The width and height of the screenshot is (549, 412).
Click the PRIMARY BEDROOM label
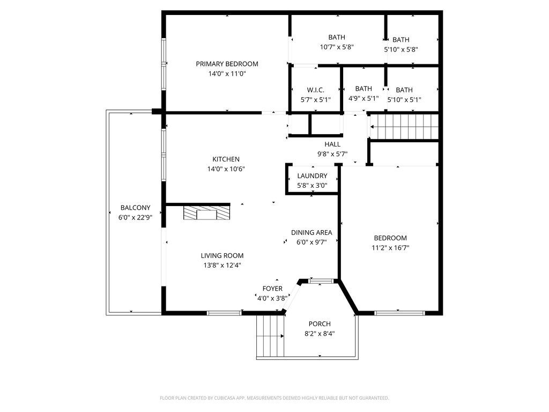[227, 64]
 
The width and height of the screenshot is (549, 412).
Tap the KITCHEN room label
[226, 159]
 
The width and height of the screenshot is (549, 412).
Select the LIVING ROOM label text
[222, 256]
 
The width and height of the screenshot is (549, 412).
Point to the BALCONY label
[135, 208]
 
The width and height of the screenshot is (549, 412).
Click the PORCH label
[320, 324]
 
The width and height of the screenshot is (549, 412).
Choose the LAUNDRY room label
[312, 176]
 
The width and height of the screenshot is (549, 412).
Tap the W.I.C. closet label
[315, 90]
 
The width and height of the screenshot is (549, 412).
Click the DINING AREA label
[311, 233]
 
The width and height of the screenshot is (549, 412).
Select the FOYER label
[272, 289]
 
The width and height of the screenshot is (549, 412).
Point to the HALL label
[332, 144]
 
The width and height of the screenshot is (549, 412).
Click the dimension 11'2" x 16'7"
[390, 248]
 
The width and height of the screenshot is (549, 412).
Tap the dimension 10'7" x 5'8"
[337, 47]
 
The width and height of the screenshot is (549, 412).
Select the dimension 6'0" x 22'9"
[135, 218]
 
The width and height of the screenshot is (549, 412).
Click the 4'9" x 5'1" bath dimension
[363, 99]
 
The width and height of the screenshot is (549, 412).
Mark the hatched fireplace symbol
[206, 213]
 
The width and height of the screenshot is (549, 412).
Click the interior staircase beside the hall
[404, 127]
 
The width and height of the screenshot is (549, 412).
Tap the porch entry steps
[270, 336]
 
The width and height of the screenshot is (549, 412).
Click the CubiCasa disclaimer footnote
[274, 398]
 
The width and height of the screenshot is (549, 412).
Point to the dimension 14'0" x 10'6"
[226, 169]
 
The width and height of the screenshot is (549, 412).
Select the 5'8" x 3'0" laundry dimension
[312, 185]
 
